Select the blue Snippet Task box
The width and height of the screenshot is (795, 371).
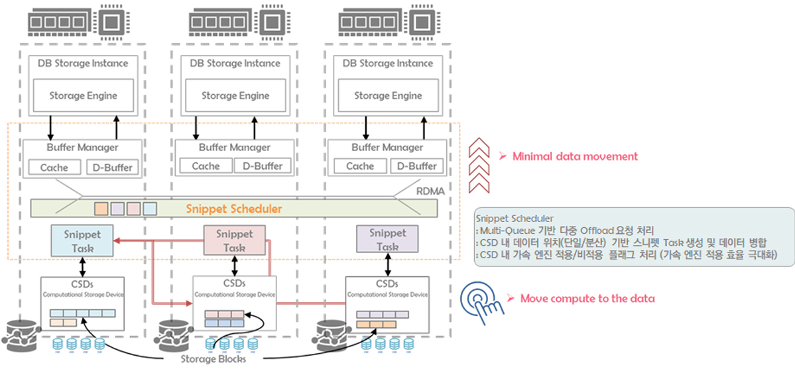(x=82, y=240)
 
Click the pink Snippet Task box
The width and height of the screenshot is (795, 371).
(x=235, y=240)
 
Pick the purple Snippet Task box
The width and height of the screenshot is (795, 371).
(x=387, y=240)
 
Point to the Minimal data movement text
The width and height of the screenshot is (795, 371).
(x=574, y=156)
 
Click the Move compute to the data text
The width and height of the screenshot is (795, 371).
(x=587, y=298)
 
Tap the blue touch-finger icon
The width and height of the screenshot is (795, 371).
(x=481, y=299)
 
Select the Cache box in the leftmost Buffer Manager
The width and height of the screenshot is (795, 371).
(x=54, y=166)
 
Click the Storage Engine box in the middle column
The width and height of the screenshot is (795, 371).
(x=235, y=95)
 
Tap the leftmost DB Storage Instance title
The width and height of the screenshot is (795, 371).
(x=83, y=64)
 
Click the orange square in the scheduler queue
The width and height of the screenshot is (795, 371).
(x=101, y=209)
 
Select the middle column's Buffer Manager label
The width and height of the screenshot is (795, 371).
(x=235, y=148)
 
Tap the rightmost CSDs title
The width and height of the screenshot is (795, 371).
(x=387, y=284)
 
